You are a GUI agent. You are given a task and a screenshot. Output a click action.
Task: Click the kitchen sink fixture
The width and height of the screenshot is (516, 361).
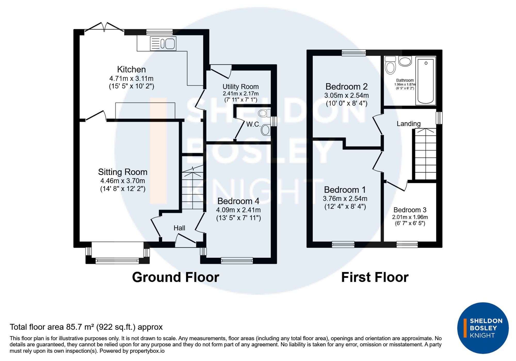tap(163, 43)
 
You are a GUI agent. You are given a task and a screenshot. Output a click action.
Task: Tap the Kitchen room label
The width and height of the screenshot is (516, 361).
tap(131, 69)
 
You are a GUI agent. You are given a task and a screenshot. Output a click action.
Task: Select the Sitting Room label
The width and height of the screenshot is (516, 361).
tap(123, 172)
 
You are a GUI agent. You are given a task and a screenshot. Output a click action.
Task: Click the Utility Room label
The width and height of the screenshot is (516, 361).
tap(240, 87)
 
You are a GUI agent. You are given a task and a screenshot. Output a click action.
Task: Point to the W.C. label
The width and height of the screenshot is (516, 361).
tap(253, 124)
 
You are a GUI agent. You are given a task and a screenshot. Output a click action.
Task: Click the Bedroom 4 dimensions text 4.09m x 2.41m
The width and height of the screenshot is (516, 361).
tap(238, 210)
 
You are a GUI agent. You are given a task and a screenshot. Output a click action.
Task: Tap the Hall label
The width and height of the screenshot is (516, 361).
tap(179, 228)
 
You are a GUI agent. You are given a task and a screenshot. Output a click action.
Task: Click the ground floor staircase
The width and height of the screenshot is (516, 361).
tap(193, 188)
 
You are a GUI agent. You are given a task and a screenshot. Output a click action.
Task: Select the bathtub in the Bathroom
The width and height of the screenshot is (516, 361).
tap(426, 81)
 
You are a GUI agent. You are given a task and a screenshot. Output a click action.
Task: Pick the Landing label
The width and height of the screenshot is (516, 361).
tap(409, 124)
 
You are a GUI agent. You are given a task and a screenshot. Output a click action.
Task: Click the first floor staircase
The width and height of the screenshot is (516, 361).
tap(425, 154)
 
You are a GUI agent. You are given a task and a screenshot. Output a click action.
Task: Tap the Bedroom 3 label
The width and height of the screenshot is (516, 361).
tap(410, 210)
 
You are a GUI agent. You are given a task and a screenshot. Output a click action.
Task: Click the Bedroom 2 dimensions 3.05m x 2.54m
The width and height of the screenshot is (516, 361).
tap(346, 95)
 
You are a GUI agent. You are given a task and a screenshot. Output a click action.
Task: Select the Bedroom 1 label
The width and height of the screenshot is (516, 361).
tap(345, 190)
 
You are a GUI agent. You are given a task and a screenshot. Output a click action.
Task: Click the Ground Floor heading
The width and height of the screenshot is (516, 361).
tap(176, 277)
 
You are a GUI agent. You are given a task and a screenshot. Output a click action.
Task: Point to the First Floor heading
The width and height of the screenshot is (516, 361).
tap(375, 277)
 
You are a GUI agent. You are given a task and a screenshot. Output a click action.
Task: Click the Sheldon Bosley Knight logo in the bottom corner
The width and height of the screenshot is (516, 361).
tap(483, 328)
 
